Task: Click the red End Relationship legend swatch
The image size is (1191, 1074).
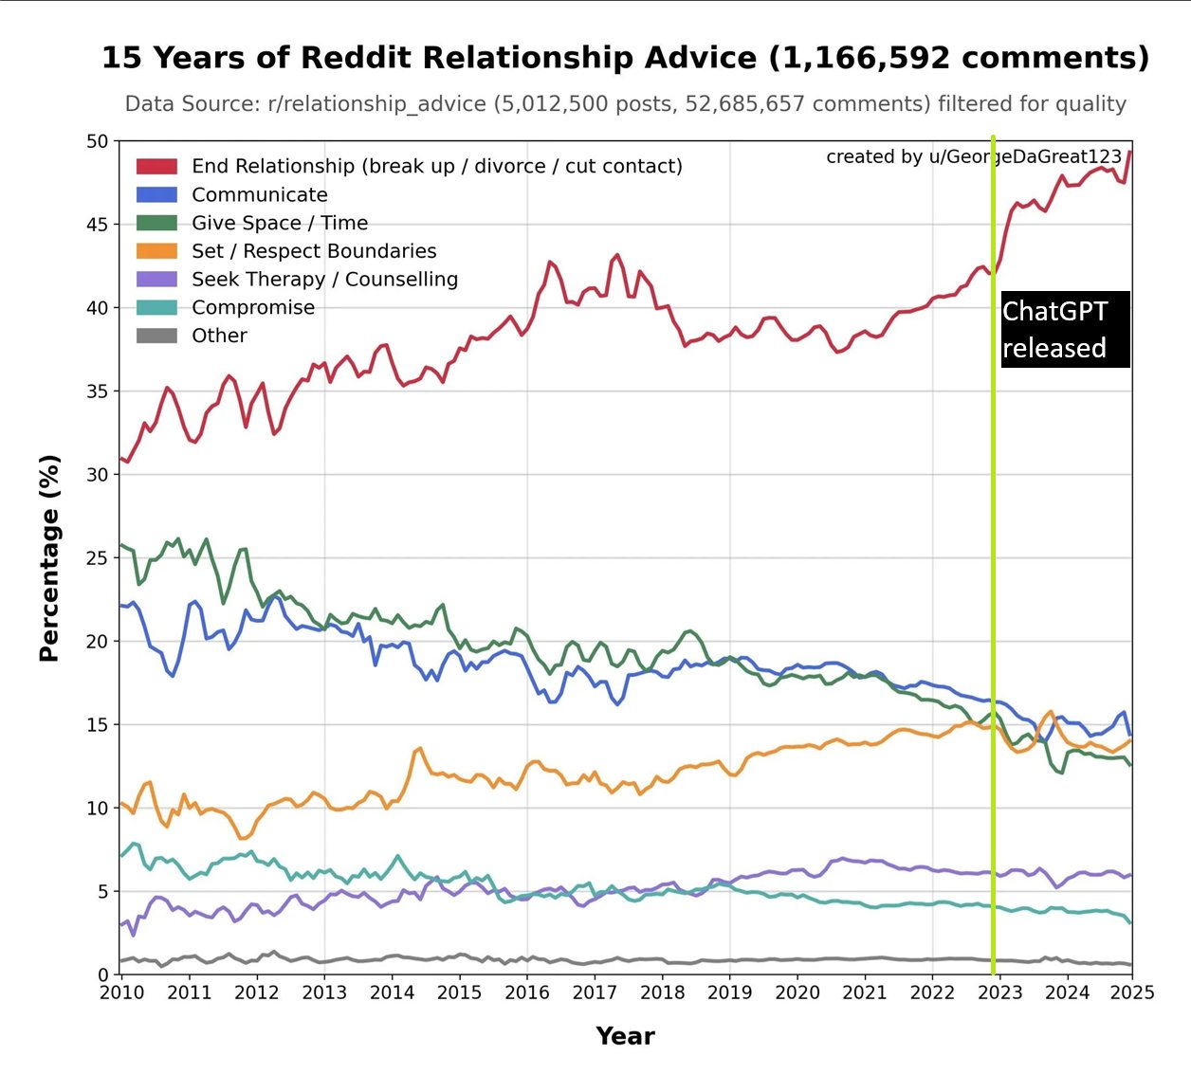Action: (x=156, y=167)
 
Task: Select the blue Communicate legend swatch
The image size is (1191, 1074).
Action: (x=156, y=195)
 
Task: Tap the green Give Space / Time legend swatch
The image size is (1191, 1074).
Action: (x=156, y=223)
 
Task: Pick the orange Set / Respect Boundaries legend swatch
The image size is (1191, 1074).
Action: (x=156, y=251)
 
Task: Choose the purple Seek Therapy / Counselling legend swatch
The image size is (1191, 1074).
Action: (x=156, y=280)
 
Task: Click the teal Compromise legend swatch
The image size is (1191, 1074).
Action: (x=156, y=307)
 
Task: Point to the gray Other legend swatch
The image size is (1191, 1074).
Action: (x=156, y=336)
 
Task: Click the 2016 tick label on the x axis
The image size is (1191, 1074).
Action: (x=527, y=992)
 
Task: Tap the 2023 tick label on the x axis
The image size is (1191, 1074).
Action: (x=1000, y=992)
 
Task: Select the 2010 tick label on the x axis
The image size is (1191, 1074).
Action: (x=122, y=992)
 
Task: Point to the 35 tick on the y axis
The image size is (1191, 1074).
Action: (x=98, y=391)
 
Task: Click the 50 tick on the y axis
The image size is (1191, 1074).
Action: (x=98, y=141)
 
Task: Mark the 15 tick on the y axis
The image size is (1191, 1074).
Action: (x=98, y=725)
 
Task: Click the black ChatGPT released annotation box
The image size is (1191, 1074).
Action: (x=1065, y=329)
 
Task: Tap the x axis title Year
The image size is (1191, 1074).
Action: (x=625, y=1036)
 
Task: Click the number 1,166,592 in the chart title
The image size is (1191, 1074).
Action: (x=857, y=58)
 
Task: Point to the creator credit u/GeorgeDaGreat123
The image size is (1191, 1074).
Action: (x=1025, y=156)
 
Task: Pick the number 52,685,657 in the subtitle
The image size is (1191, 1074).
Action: (x=759, y=104)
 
